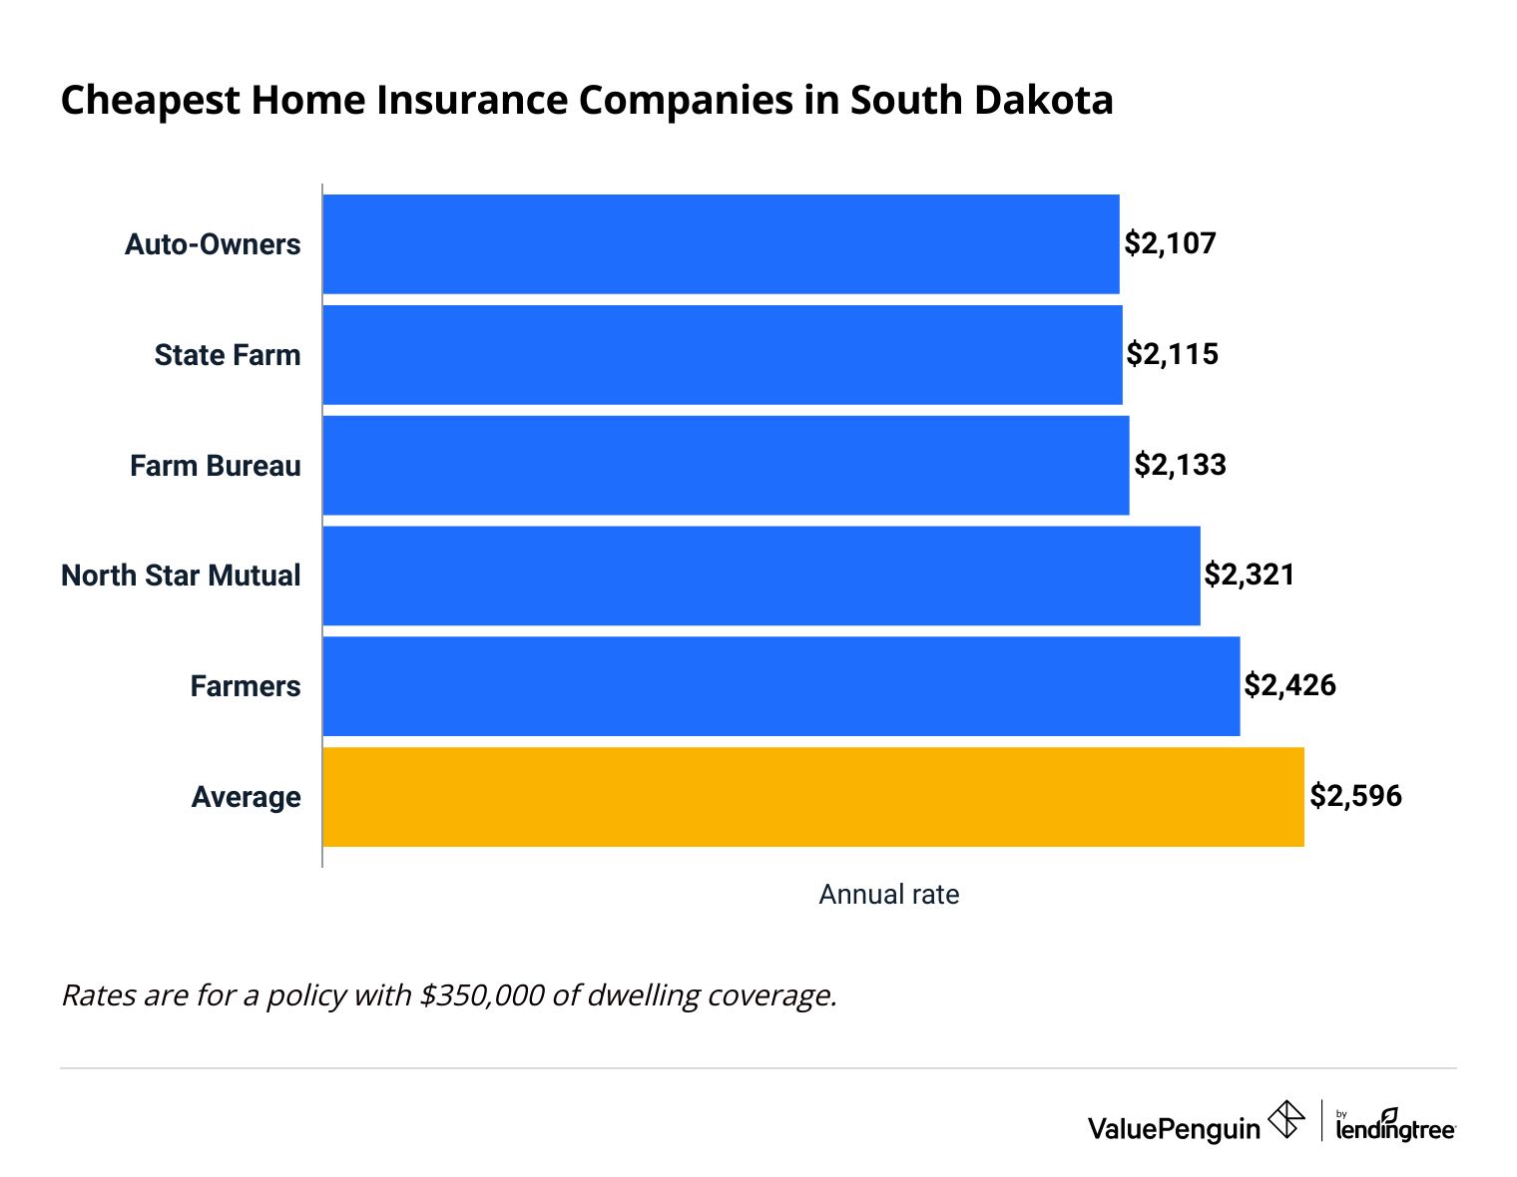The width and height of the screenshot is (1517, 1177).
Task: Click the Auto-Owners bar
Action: point(721,244)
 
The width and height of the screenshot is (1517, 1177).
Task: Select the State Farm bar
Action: point(723,355)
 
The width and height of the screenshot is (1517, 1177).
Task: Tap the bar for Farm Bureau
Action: point(726,466)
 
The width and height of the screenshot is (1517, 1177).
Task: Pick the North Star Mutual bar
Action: point(761,576)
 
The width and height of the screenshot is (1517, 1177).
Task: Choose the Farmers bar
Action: point(781,686)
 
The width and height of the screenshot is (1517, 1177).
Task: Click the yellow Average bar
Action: point(813,797)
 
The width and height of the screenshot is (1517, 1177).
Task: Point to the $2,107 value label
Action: point(1171,243)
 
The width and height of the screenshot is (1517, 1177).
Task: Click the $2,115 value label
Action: point(1173,354)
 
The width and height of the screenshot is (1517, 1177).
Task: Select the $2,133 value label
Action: point(1181,465)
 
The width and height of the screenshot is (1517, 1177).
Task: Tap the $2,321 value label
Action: point(1250,575)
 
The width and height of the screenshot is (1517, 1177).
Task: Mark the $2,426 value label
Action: point(1289,685)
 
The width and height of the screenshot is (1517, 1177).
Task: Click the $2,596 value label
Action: point(1355,796)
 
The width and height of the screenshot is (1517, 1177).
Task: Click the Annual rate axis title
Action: point(888,895)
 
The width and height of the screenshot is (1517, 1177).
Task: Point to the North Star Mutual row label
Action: point(181,576)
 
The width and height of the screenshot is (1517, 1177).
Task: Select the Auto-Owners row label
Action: point(213,244)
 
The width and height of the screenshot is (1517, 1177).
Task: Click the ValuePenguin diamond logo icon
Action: point(1285,1119)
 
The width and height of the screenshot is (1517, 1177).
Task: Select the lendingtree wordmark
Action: point(1395,1129)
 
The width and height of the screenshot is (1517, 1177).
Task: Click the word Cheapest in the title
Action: point(151,101)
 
